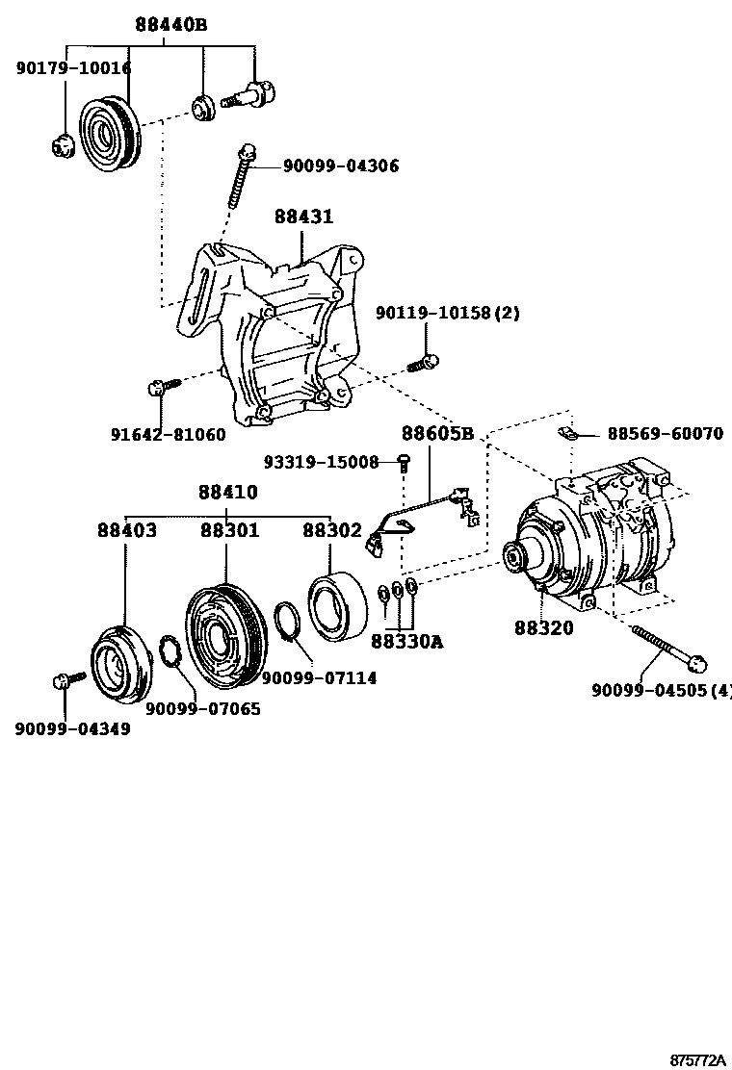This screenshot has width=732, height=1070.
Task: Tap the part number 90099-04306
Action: [340, 166]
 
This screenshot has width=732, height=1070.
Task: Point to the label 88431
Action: [303, 217]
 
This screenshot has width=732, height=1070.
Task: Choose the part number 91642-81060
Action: [169, 434]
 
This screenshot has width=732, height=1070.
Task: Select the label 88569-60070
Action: [665, 434]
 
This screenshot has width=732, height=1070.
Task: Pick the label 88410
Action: [228, 492]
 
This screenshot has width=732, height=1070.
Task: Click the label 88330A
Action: [408, 641]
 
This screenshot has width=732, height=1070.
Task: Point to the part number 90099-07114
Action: [319, 678]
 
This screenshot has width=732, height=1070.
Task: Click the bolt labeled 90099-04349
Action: [65, 681]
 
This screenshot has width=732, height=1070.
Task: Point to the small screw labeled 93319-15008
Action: [405, 464]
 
